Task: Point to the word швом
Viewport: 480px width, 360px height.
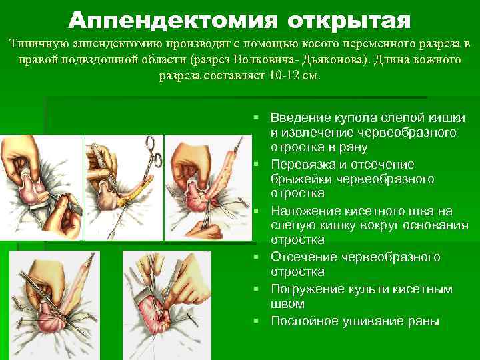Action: point(287,304)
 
